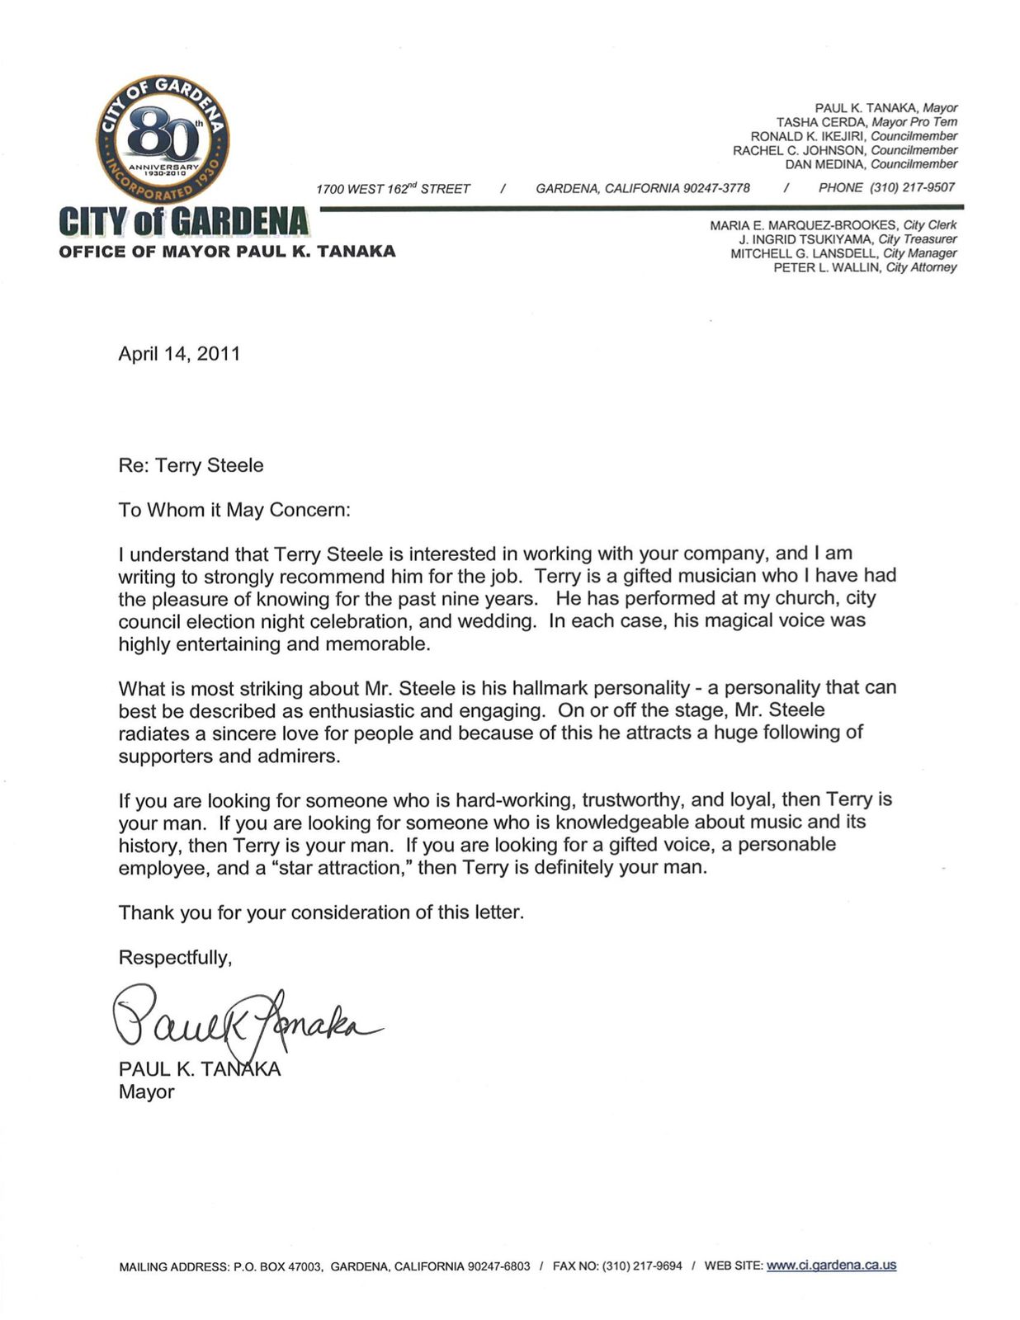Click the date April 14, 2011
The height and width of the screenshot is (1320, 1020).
(x=179, y=354)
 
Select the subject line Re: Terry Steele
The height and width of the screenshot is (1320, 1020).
(x=191, y=465)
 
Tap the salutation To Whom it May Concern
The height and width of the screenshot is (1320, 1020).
(x=234, y=510)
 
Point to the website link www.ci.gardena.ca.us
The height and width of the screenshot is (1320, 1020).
(x=831, y=1265)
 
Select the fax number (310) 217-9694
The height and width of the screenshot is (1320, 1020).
(x=642, y=1266)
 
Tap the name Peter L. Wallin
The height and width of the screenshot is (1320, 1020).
(x=828, y=267)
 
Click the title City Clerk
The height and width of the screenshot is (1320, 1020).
(x=930, y=225)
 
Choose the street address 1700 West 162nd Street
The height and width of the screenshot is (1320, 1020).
(x=393, y=189)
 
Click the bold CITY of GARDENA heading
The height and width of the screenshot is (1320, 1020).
(x=184, y=221)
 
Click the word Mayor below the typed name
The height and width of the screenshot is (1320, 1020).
(x=146, y=1091)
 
